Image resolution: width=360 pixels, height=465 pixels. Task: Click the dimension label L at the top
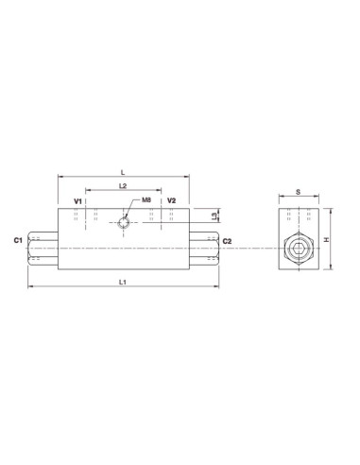pos(125,170)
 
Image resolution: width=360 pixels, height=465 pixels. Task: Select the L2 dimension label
pos(124,186)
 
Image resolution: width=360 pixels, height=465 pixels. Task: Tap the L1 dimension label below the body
pos(124,284)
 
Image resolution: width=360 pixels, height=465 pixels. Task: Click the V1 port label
pos(77,201)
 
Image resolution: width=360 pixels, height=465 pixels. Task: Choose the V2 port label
pos(171,201)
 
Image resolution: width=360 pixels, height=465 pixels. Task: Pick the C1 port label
pos(18,242)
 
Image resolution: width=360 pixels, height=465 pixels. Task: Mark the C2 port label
pos(227,242)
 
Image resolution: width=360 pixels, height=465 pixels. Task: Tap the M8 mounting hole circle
pos(125,223)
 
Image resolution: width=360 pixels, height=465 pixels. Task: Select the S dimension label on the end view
pos(299,191)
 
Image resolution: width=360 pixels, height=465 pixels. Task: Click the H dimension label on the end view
pos(326,240)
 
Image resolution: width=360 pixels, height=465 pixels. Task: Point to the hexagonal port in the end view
pos(299,250)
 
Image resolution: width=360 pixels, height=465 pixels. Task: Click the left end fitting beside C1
pos(44,250)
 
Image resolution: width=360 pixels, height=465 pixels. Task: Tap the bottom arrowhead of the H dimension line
pos(331,270)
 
